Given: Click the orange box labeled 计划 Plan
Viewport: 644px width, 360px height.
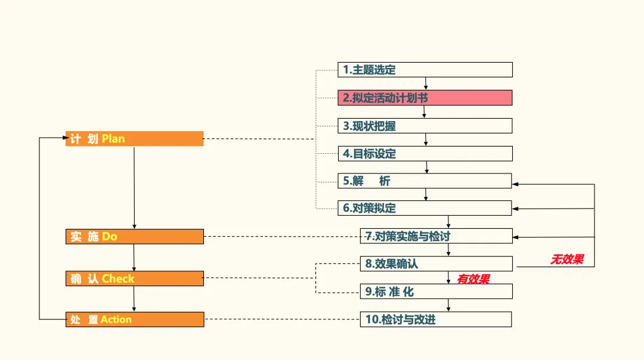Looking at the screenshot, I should click(x=134, y=139).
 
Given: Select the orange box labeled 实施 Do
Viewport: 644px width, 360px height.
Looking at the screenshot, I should click(x=134, y=237).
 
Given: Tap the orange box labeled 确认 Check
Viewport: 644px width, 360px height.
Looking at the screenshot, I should click(x=134, y=278).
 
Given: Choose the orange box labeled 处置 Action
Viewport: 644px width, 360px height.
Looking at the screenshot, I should click(x=134, y=319).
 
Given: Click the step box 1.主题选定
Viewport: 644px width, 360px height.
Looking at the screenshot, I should click(x=425, y=70).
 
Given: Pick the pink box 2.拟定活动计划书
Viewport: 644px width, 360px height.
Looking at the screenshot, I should click(x=425, y=98).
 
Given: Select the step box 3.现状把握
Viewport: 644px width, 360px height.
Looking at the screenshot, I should click(x=425, y=126).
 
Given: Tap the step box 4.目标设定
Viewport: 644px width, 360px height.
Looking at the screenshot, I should click(x=425, y=154).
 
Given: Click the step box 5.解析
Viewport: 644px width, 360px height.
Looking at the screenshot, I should click(x=425, y=181).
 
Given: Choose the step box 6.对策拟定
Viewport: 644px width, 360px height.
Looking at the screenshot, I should click(x=425, y=208).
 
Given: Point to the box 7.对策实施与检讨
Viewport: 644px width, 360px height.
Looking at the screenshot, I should click(x=436, y=236).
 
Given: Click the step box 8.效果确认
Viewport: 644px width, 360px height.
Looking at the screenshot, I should click(x=436, y=263).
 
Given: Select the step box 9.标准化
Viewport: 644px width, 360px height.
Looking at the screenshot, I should click(x=436, y=291).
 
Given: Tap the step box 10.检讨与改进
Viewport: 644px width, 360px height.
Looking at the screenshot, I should click(x=436, y=319).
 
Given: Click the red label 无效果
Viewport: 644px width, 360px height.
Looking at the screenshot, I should click(x=566, y=259).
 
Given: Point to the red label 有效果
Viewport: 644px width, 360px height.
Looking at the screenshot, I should click(x=473, y=279).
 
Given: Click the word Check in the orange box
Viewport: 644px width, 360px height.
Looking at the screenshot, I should click(x=118, y=278).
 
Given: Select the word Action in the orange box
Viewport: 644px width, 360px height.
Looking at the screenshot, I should click(x=116, y=319).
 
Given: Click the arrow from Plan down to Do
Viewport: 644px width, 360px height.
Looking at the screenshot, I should click(x=134, y=188).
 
